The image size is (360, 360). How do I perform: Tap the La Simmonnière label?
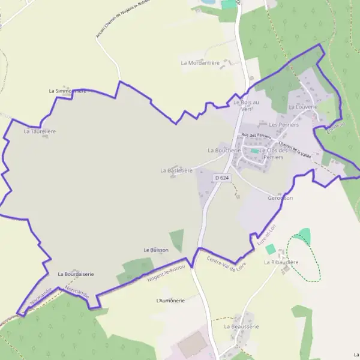pyautogui.click(x=68, y=91)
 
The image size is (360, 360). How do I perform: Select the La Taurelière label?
pyautogui.click(x=40, y=130)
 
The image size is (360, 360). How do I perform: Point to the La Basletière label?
pyautogui.click(x=176, y=170)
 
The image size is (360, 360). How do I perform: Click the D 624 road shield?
pyautogui.click(x=222, y=178)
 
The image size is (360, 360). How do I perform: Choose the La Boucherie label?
pyautogui.click(x=224, y=150)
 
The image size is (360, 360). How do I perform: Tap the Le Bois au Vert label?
pyautogui.click(x=246, y=106)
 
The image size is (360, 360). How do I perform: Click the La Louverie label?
pyautogui.click(x=302, y=107)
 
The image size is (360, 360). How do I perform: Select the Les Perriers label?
pyautogui.click(x=284, y=125)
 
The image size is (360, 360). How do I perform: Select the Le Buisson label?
pyautogui.click(x=156, y=250)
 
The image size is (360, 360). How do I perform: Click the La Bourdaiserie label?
pyautogui.click(x=76, y=274)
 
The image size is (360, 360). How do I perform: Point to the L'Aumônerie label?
pyautogui.click(x=170, y=300)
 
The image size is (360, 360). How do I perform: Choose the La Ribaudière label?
pyautogui.click(x=281, y=262)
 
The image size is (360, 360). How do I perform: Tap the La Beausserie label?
pyautogui.click(x=241, y=326)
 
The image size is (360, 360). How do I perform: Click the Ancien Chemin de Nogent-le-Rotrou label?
pyautogui.click(x=122, y=19)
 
